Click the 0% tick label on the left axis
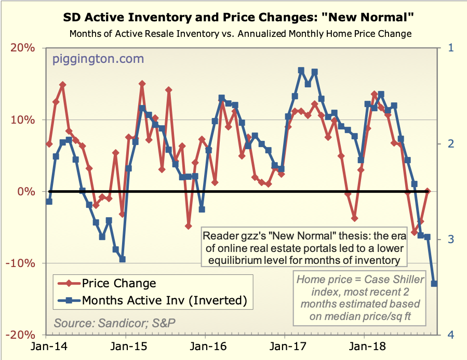(29, 192)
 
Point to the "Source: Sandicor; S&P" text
(115, 322)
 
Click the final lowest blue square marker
(434, 284)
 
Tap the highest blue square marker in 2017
(301, 70)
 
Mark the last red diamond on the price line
(428, 192)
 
